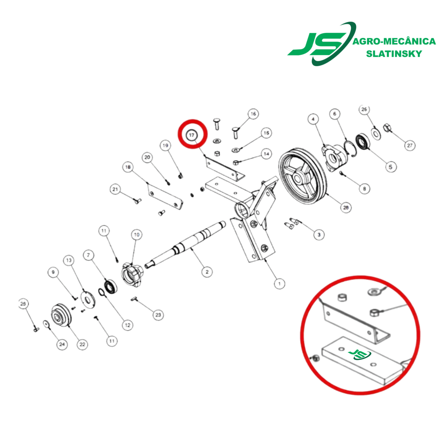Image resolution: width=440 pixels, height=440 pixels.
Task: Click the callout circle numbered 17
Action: [x=192, y=135]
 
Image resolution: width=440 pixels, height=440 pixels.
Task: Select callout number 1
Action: [x=279, y=284]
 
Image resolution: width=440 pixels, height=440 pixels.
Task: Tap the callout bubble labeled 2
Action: [x=207, y=272]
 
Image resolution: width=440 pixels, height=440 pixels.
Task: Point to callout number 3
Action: [x=319, y=235]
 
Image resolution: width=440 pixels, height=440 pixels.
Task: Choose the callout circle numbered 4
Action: [x=313, y=119]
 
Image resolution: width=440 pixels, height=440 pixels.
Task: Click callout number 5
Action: [x=391, y=167]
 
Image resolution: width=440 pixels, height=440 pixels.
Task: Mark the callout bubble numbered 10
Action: [x=137, y=235]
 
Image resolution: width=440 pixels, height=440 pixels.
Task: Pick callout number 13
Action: [x=68, y=260]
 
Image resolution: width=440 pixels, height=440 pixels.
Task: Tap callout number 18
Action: [x=128, y=167]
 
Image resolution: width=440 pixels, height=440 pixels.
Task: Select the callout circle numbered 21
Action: [x=115, y=189]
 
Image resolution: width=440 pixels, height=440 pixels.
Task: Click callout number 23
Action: [x=158, y=315]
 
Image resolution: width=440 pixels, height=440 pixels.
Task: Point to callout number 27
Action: [x=410, y=145]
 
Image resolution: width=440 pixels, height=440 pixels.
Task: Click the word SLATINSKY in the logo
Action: [x=394, y=54]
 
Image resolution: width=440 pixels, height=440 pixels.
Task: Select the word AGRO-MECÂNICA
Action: [x=394, y=41]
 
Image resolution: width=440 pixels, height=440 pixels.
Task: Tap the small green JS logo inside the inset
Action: [x=360, y=354]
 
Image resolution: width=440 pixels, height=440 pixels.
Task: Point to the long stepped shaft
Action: [x=185, y=245]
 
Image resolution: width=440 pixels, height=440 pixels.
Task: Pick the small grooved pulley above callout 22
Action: [x=61, y=315]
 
